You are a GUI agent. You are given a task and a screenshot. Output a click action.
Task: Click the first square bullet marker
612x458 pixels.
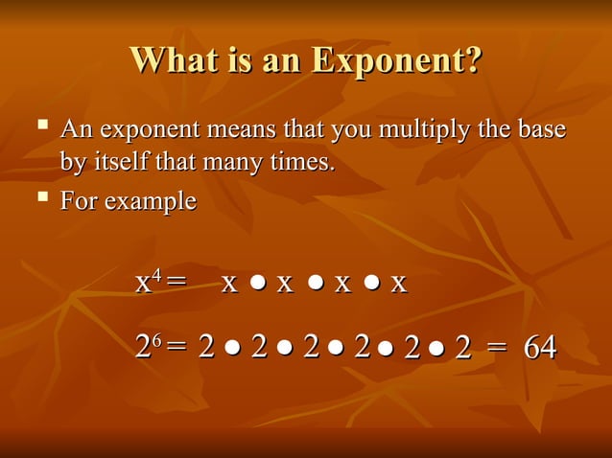pyautogui.click(x=42, y=126)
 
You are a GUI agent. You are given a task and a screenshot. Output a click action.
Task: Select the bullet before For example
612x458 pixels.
pyautogui.click(x=42, y=198)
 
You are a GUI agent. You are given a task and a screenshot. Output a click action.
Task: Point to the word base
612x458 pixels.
pyautogui.click(x=543, y=130)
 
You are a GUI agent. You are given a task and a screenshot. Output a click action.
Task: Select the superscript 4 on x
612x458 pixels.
pyautogui.click(x=157, y=274)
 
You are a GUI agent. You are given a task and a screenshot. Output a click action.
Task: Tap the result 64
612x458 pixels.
pyautogui.click(x=539, y=348)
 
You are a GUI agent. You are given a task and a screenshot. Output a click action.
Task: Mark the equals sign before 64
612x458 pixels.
pyautogui.click(x=496, y=349)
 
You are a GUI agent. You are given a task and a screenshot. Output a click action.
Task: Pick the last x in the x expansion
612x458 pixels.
pyautogui.click(x=399, y=284)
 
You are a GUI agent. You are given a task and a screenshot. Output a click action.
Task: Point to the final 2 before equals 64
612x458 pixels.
pyautogui.click(x=463, y=349)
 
